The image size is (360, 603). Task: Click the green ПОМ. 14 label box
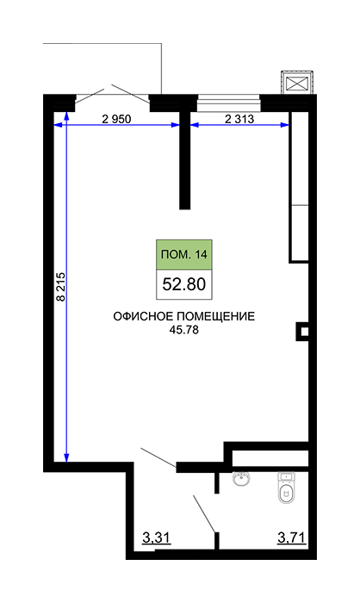click(x=183, y=255)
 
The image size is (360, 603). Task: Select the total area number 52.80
click(x=183, y=284)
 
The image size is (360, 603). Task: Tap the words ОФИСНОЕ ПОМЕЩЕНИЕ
click(x=183, y=316)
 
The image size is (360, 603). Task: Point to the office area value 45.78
click(x=183, y=330)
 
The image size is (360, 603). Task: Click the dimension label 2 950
click(x=116, y=119)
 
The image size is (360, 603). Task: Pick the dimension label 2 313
click(x=239, y=119)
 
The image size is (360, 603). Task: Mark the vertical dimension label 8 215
click(x=61, y=287)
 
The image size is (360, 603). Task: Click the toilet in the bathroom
click(x=287, y=488)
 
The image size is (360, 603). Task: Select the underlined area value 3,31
click(x=156, y=538)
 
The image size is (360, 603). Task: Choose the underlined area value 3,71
click(x=292, y=538)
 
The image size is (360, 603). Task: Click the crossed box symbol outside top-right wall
click(x=298, y=83)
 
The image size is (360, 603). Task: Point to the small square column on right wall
click(x=303, y=332)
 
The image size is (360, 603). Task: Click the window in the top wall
click(x=229, y=103)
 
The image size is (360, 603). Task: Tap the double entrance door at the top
click(x=112, y=94)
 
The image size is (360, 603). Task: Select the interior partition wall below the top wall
click(x=185, y=160)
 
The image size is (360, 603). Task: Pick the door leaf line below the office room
click(x=158, y=457)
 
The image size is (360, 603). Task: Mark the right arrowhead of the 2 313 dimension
click(x=284, y=125)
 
